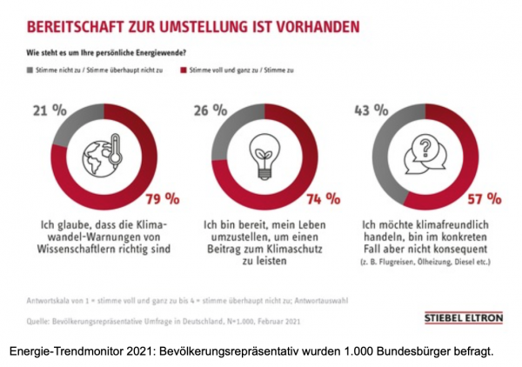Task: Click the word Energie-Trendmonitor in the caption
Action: tap(64, 350)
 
